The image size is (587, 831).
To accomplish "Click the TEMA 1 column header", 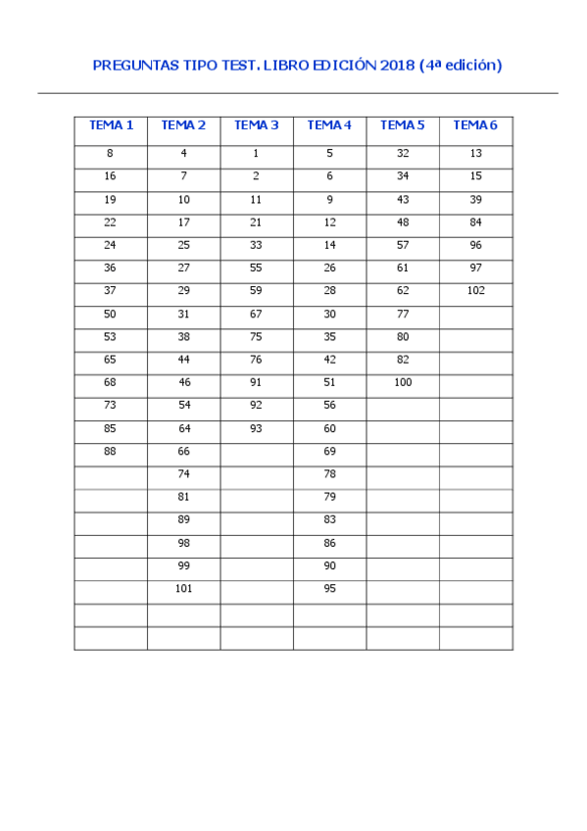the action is [x=111, y=125].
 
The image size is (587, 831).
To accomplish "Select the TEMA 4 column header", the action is [x=329, y=125].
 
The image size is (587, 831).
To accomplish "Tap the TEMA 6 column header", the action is [x=475, y=125].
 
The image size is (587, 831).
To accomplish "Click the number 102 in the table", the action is [x=476, y=290].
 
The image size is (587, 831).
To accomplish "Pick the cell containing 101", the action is [x=183, y=588].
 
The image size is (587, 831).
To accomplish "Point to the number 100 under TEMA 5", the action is [x=403, y=382].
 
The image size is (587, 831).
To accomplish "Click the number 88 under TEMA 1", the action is [x=110, y=451].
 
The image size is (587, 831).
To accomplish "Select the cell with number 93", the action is [x=256, y=428].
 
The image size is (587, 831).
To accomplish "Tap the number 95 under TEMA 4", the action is [x=329, y=588].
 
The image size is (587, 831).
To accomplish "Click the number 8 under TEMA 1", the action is [x=110, y=153].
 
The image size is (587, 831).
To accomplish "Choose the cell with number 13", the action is [x=476, y=153].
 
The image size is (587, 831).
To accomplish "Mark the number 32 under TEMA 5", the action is [x=403, y=153].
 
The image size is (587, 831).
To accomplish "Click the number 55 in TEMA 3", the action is [x=256, y=268].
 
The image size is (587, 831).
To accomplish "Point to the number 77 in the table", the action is [x=403, y=314].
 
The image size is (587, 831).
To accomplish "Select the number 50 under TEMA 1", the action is [x=110, y=314].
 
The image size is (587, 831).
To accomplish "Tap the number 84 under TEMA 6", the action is [x=476, y=221].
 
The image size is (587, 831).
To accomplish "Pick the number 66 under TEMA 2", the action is [x=183, y=451].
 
